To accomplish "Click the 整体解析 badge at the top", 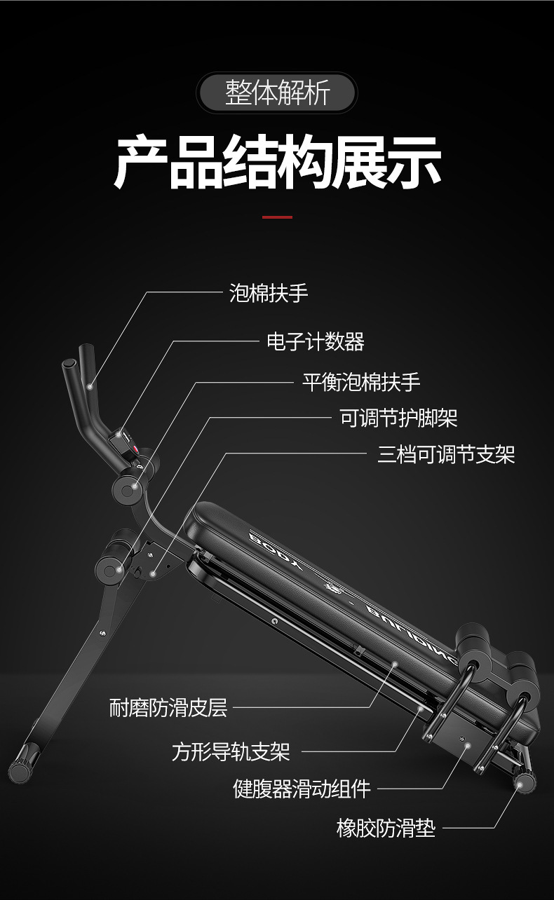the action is [x=276, y=93].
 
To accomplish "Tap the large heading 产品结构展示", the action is [x=278, y=163].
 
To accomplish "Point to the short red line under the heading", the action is [x=278, y=217].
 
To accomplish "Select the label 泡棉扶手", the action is [x=269, y=292].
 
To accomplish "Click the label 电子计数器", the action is [x=316, y=341].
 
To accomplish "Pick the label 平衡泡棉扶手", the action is [x=361, y=382].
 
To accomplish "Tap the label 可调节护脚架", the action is [x=399, y=418].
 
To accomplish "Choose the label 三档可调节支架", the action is [x=446, y=454].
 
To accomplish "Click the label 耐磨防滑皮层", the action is [x=168, y=708].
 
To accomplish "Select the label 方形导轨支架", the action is [x=231, y=752].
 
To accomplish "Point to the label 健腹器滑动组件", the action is [x=302, y=789].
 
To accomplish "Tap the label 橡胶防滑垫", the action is [x=386, y=829].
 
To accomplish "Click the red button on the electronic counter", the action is [x=136, y=449].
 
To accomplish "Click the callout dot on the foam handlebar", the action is [x=90, y=387].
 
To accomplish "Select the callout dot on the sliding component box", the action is [x=468, y=745].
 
